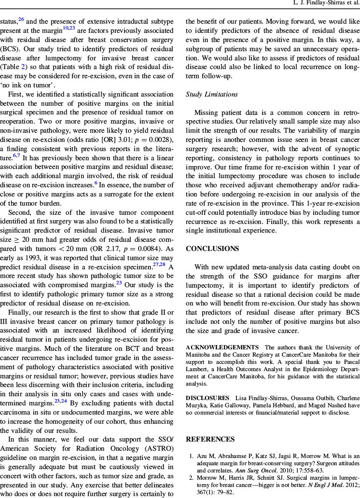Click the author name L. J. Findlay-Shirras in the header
point(324,3)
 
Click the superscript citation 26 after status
point(22,19)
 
